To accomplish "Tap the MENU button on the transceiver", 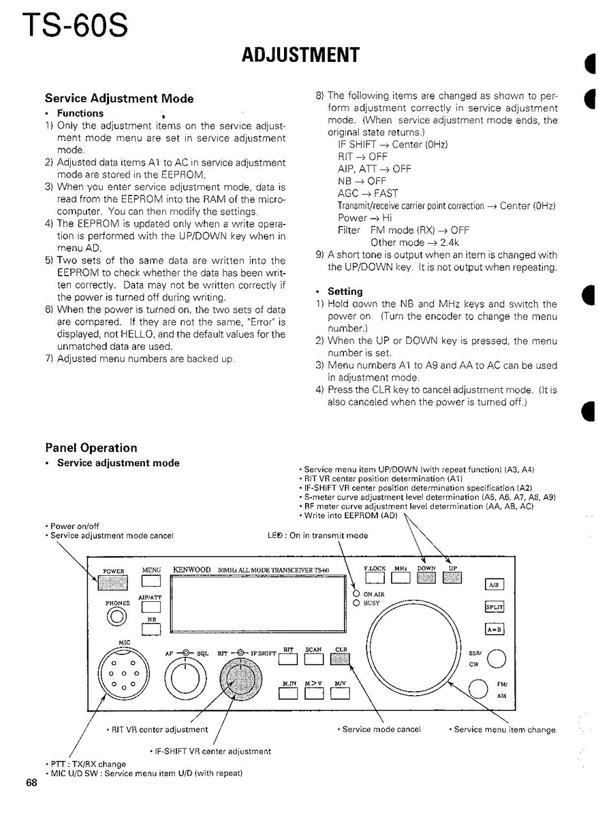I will pos(151,581).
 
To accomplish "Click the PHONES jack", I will pos(117,616).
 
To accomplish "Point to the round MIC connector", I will pos(125,673).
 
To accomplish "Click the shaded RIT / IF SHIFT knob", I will pos(241,677).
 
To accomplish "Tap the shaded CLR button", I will pos(340,659).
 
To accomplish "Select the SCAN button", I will pos(314,659).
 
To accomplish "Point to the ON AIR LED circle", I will pos(356,594).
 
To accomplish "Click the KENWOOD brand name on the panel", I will pos(192,569).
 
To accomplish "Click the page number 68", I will pos(32,782).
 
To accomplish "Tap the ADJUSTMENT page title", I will pos(300,55).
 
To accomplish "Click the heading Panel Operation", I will pos(91,448).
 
